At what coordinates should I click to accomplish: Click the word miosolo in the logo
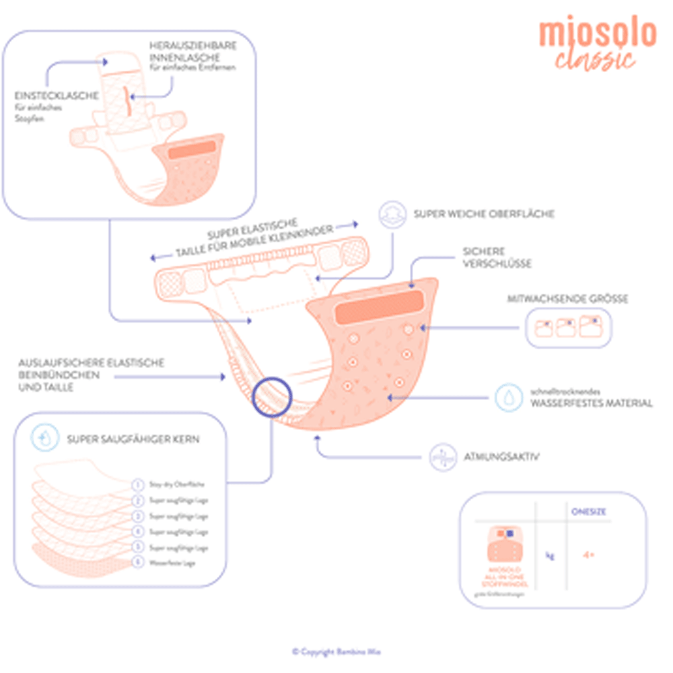[597, 33]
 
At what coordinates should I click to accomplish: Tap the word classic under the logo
[595, 59]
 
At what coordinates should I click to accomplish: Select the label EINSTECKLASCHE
[57, 96]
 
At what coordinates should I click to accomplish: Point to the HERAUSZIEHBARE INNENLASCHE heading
[192, 50]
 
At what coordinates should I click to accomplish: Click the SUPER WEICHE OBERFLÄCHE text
[484, 214]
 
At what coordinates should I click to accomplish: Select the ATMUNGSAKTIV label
[501, 457]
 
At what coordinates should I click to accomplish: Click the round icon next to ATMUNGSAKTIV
[444, 457]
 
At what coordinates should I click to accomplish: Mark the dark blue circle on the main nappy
[272, 397]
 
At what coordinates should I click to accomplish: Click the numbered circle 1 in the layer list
[137, 485]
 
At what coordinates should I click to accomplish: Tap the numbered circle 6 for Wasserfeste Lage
[137, 562]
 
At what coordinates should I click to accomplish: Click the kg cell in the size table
[550, 556]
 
